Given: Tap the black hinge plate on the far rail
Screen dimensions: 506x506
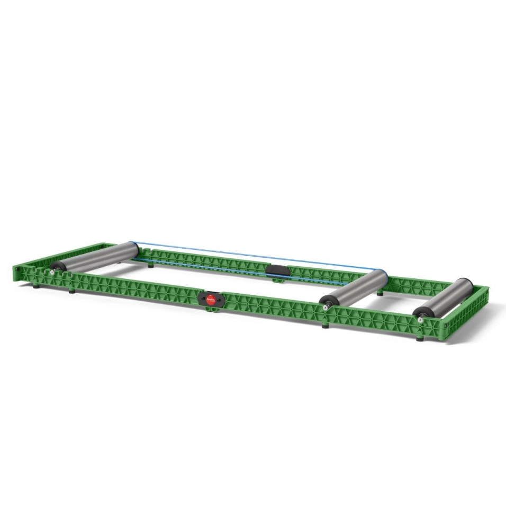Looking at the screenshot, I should [277, 270].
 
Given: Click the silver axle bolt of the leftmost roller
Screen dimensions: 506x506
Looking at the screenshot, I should [52, 272].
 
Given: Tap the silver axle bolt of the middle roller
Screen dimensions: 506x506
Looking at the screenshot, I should [324, 307].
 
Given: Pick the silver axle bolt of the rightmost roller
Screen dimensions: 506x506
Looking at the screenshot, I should [420, 319].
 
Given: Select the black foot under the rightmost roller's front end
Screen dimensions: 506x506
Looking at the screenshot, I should [419, 339].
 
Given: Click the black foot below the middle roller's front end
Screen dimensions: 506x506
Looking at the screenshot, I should [325, 325].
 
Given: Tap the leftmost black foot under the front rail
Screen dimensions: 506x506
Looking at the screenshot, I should [36, 286].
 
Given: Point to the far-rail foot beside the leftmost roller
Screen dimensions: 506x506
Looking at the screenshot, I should [151, 265].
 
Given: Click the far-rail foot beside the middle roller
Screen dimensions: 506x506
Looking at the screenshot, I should [379, 293].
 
